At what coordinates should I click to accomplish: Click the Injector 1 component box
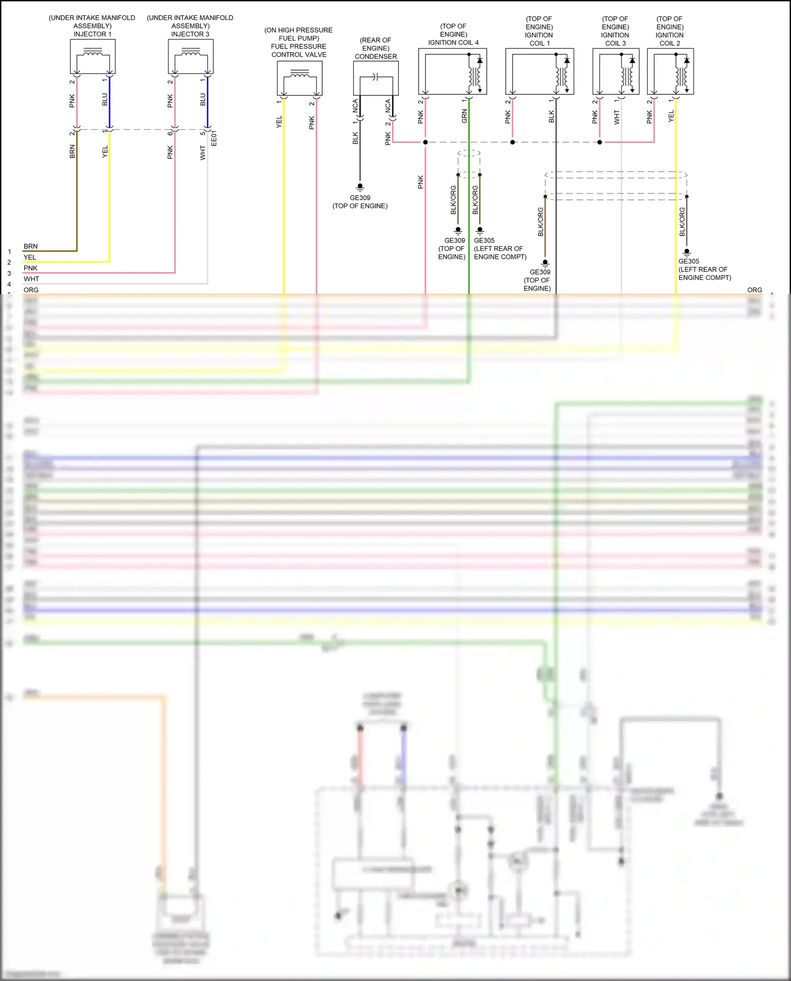pyautogui.click(x=93, y=57)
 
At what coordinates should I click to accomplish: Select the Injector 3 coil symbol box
pyautogui.click(x=191, y=57)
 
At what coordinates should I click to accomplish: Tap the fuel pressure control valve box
pyautogui.click(x=300, y=78)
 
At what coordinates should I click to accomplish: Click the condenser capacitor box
pyautogui.click(x=375, y=78)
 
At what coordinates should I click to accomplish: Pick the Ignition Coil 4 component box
pyautogui.click(x=452, y=72)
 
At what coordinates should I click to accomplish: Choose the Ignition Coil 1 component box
pyautogui.click(x=539, y=72)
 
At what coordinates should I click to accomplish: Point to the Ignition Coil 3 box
pyautogui.click(x=615, y=72)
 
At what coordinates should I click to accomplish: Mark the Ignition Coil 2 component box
pyautogui.click(x=670, y=72)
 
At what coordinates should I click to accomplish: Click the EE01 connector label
pyautogui.click(x=214, y=138)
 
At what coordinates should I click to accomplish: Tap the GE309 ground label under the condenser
pyautogui.click(x=360, y=198)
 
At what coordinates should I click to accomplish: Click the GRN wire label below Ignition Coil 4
pyautogui.click(x=465, y=116)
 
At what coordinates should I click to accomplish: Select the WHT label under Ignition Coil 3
pyautogui.click(x=616, y=117)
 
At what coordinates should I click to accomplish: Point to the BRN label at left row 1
pyautogui.click(x=31, y=246)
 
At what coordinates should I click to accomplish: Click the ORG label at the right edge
pyautogui.click(x=755, y=290)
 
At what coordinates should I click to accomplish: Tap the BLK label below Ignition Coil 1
pyautogui.click(x=552, y=116)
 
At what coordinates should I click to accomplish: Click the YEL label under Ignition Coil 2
pyautogui.click(x=671, y=116)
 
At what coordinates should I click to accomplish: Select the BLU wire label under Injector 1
pyautogui.click(x=104, y=100)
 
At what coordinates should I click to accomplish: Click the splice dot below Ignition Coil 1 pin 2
pyautogui.click(x=513, y=142)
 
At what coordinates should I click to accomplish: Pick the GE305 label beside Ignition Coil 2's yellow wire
pyautogui.click(x=689, y=261)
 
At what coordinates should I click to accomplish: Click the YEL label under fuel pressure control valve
pyautogui.click(x=279, y=122)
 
